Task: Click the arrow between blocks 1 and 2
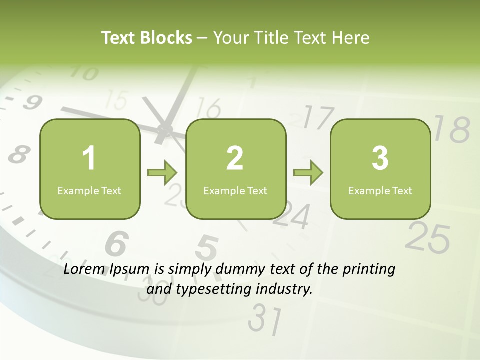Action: pyautogui.click(x=162, y=173)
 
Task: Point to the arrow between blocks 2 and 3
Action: pyautogui.click(x=308, y=173)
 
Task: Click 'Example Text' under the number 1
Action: pyautogui.click(x=89, y=190)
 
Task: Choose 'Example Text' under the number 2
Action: pyautogui.click(x=235, y=190)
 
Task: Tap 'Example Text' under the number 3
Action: pyautogui.click(x=380, y=190)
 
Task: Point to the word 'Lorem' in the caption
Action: pyautogui.click(x=85, y=269)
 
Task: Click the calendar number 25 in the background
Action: pyautogui.click(x=427, y=237)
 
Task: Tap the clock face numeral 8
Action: pyautogui.click(x=18, y=154)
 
